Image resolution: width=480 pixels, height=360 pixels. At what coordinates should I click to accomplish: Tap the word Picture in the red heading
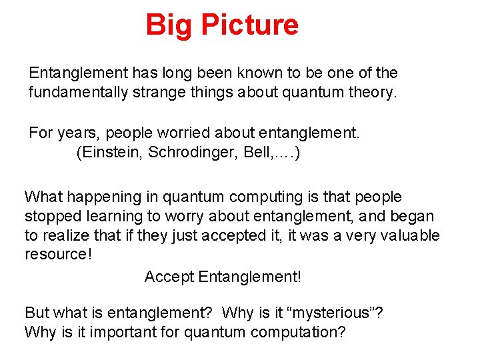click(x=250, y=25)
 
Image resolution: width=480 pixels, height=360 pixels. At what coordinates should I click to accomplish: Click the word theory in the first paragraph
click(x=373, y=92)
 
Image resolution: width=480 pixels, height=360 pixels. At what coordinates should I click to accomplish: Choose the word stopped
click(x=49, y=217)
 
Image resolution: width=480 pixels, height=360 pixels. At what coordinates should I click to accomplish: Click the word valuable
click(x=413, y=236)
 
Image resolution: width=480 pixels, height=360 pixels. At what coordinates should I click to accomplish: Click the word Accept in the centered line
click(x=169, y=276)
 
